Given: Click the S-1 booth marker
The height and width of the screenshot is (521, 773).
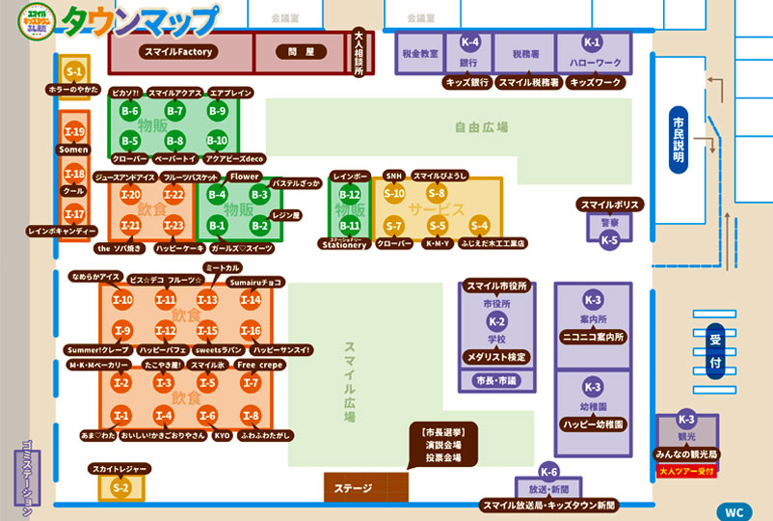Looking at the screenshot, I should click(x=74, y=72).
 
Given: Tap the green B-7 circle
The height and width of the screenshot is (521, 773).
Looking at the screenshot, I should click(x=174, y=112).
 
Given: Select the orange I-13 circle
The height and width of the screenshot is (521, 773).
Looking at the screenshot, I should click(x=207, y=300).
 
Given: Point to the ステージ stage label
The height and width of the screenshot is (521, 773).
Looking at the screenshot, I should click(x=353, y=488).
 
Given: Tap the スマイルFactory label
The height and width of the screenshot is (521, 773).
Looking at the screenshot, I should click(x=178, y=52).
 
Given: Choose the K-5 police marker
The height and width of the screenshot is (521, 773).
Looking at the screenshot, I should click(x=609, y=240).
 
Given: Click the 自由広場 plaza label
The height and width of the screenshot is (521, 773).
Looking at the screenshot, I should click(x=481, y=127).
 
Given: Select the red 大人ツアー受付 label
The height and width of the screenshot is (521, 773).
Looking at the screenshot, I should click(x=686, y=471).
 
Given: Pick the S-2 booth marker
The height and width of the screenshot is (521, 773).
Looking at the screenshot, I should click(x=120, y=488).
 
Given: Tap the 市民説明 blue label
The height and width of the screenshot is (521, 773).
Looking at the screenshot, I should click(x=679, y=137).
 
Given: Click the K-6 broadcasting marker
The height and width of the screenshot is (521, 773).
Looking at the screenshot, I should click(x=548, y=472).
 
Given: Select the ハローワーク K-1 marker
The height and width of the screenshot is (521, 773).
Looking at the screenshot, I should click(x=592, y=43).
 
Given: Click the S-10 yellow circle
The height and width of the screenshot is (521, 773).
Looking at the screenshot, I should click(x=393, y=193).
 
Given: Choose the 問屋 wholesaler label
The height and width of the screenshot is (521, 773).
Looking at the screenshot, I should click(x=295, y=52).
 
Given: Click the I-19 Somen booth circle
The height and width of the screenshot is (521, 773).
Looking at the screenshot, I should click(x=74, y=131).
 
